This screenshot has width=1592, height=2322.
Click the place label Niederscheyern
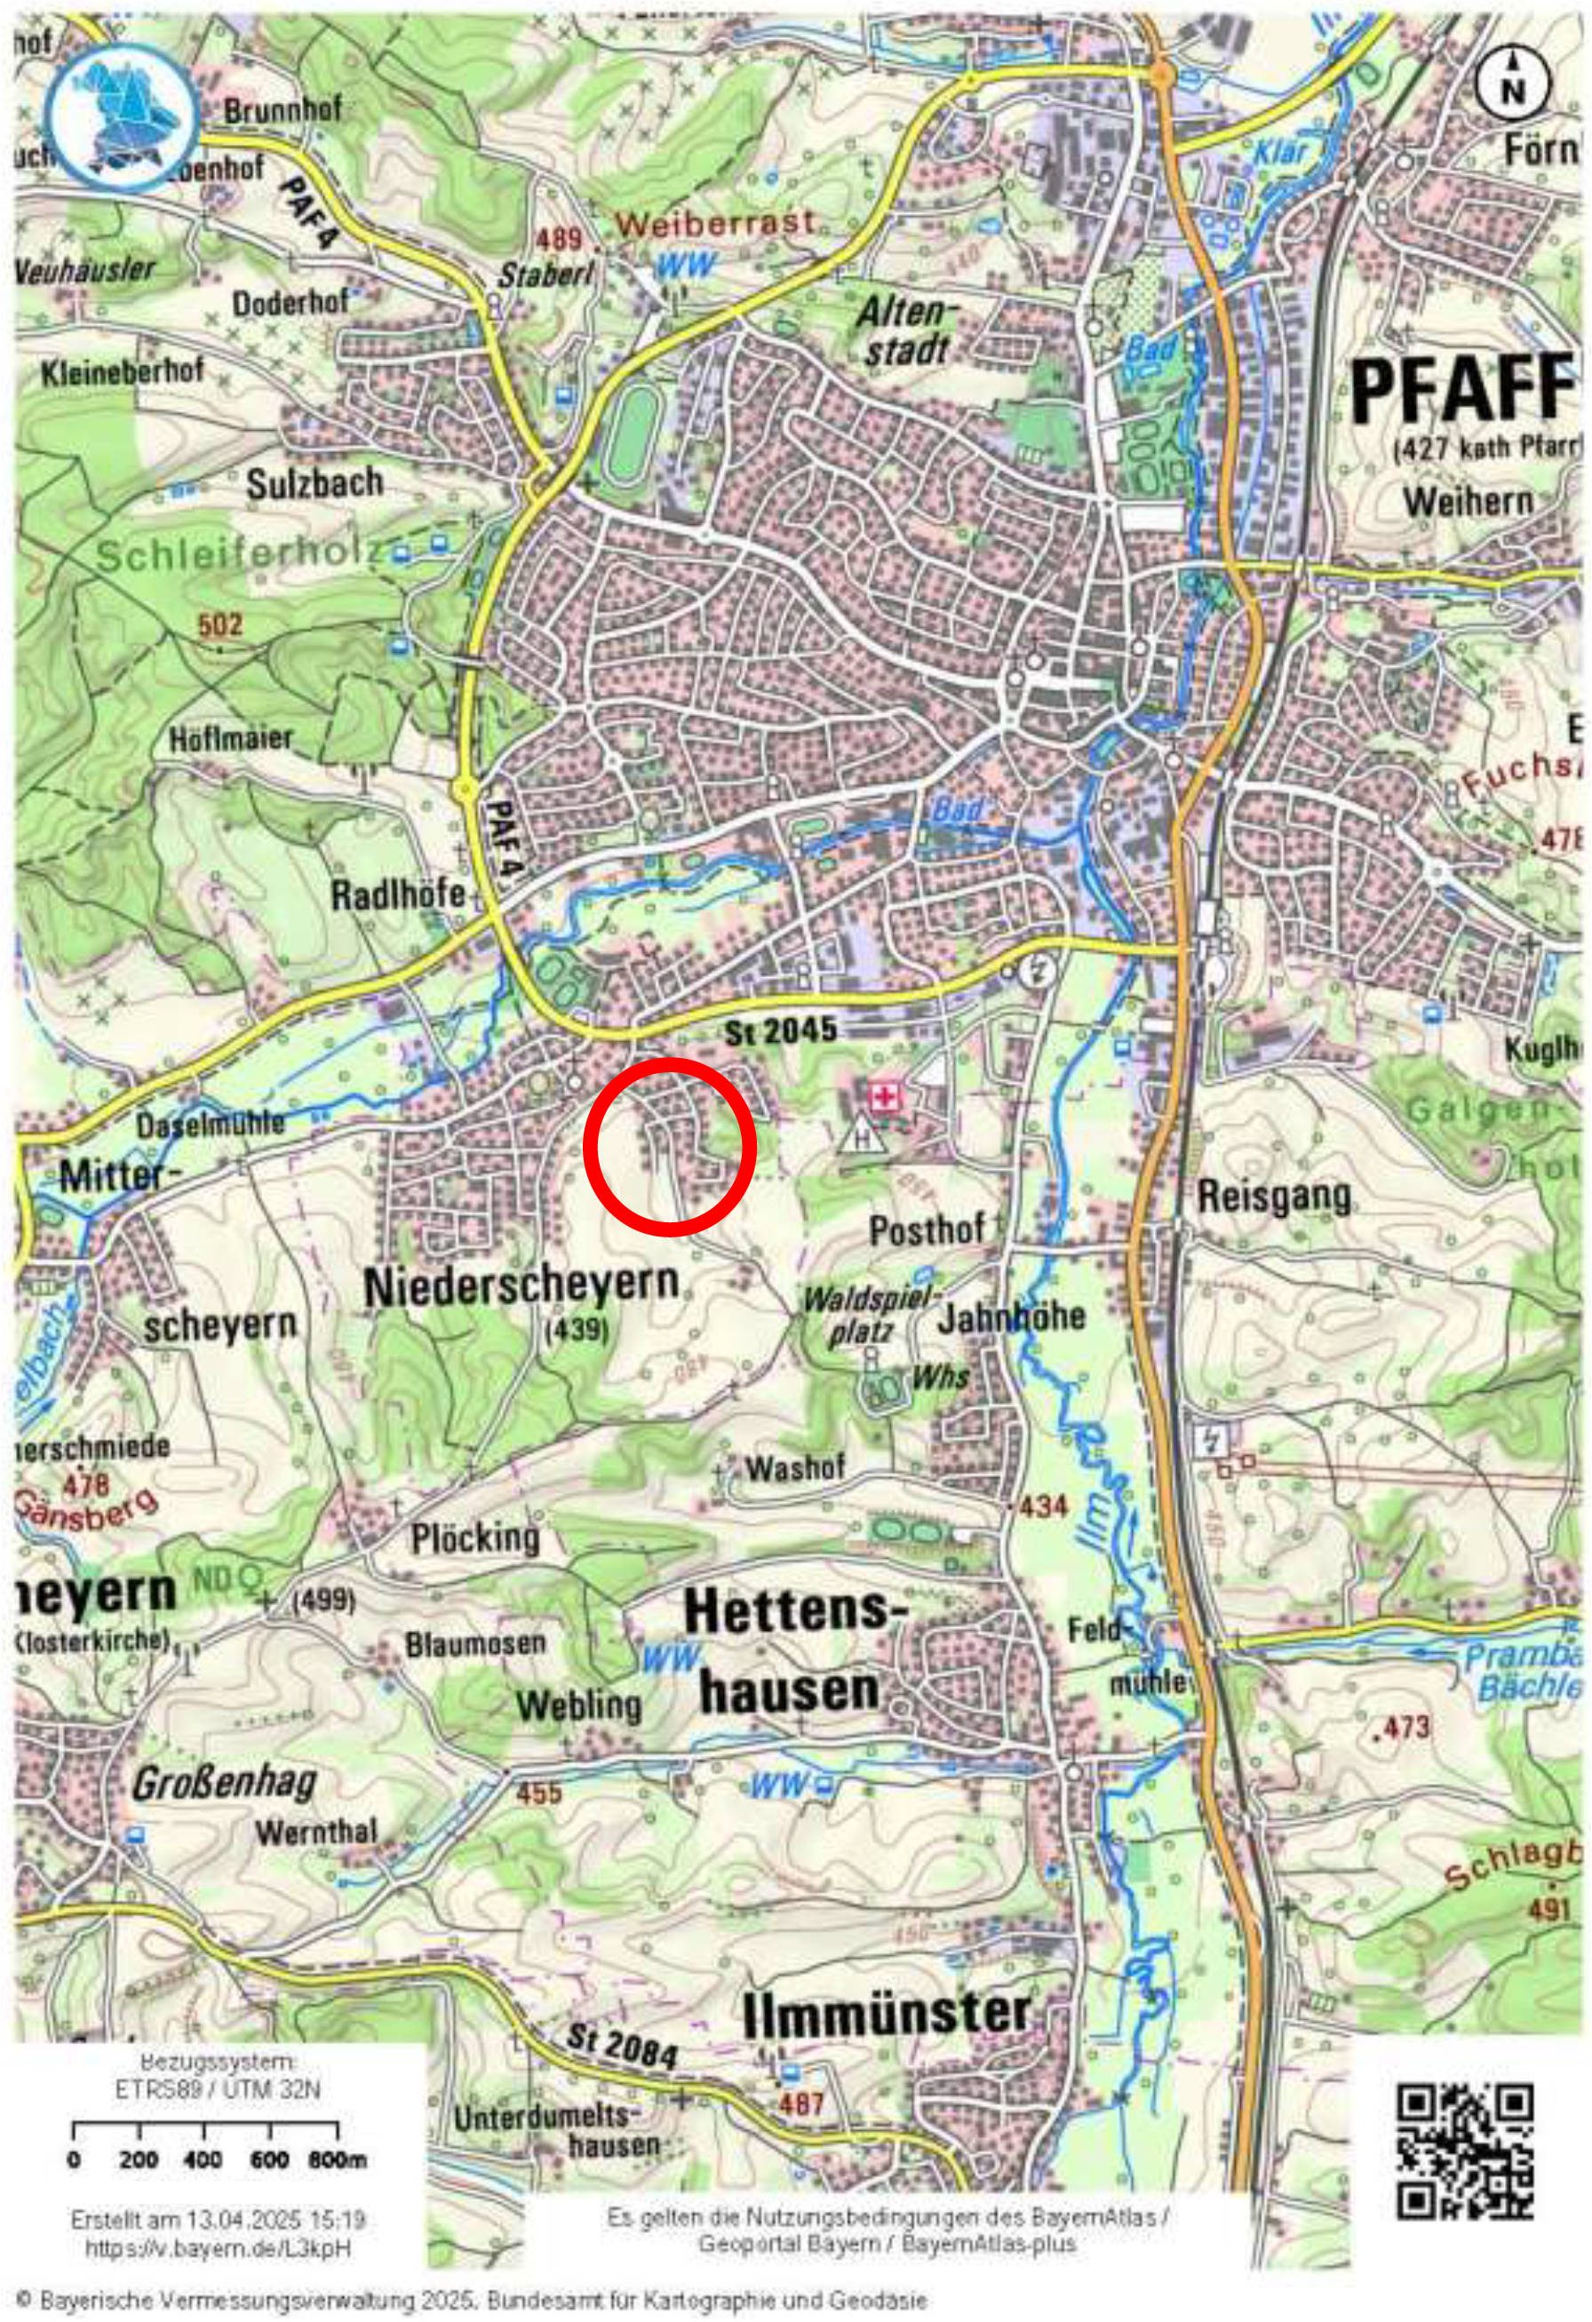click(x=521, y=1286)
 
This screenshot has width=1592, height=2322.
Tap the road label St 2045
click(x=781, y=1031)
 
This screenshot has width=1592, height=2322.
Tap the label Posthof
click(x=927, y=1229)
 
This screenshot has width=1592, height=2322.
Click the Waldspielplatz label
click(x=871, y=1315)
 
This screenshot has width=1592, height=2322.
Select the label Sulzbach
click(x=314, y=483)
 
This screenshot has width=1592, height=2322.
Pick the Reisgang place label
click(x=1273, y=1196)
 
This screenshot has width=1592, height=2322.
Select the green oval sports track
click(x=627, y=434)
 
